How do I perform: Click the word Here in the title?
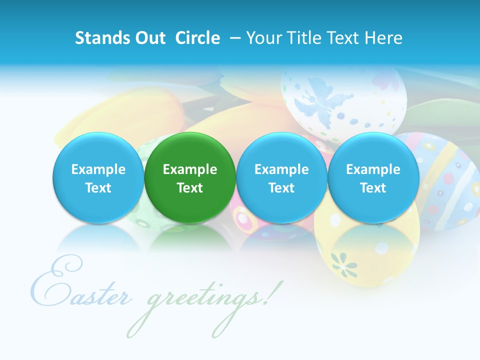point(384,38)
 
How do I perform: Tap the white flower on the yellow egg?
point(345,263)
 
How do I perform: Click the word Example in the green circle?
point(190,169)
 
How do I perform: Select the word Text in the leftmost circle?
point(98,188)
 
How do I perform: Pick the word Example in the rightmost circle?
point(373,169)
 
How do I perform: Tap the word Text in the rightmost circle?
point(373,188)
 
